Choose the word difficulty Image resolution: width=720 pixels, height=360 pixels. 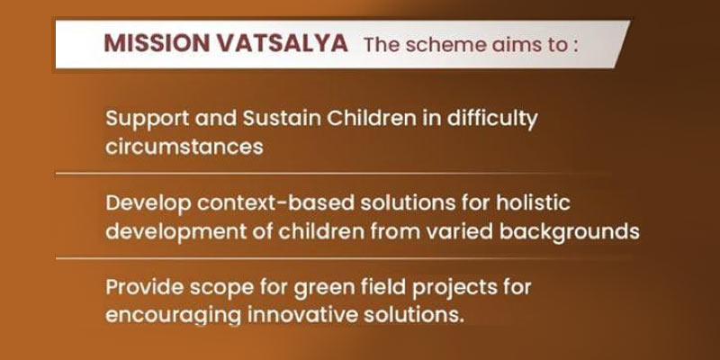(x=499, y=119)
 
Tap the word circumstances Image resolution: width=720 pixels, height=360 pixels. (x=184, y=146)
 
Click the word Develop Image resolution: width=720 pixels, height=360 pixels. (x=144, y=203)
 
